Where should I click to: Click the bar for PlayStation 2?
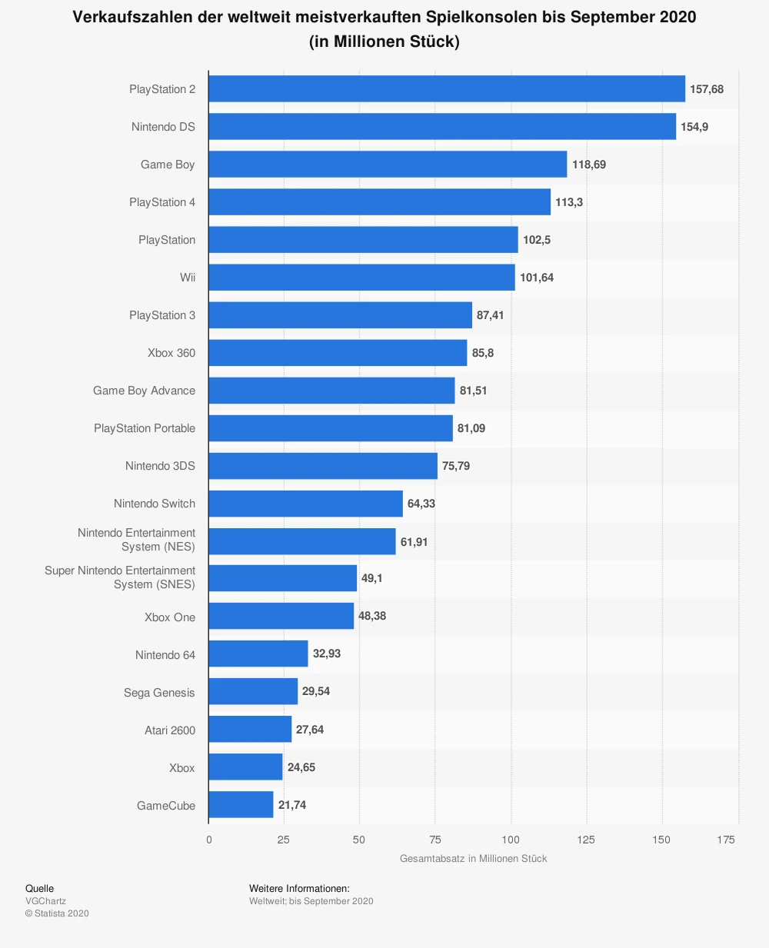(446, 88)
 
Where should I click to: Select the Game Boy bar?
(388, 164)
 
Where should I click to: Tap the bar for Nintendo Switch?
(305, 504)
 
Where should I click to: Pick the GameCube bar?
(241, 805)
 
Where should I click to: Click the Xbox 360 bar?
(338, 353)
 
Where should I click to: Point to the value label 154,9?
(694, 127)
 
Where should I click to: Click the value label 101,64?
(537, 278)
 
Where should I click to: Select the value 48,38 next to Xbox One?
(372, 616)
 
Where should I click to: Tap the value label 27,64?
(310, 730)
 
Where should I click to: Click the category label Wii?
(188, 278)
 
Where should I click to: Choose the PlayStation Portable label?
(145, 428)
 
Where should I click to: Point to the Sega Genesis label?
(159, 693)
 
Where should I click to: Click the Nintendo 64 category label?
(165, 655)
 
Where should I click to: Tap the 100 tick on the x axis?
(511, 840)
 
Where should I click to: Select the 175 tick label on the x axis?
(726, 840)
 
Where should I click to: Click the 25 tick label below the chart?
(284, 840)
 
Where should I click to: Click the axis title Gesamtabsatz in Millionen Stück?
(473, 859)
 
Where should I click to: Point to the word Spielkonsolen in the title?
(484, 17)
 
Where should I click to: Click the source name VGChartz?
(45, 901)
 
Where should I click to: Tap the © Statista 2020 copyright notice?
(57, 913)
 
